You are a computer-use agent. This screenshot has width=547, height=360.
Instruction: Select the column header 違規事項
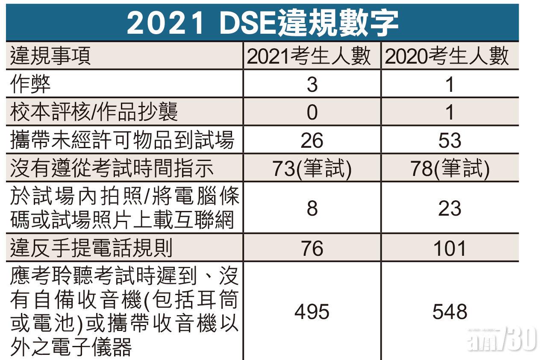[x=51, y=56]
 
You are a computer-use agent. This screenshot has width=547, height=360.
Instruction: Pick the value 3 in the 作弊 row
[x=312, y=84]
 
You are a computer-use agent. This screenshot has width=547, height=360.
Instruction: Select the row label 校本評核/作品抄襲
[x=94, y=112]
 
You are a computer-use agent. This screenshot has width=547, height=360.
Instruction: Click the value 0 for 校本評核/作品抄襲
[x=312, y=112]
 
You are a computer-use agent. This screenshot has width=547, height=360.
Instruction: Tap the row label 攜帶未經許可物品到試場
[x=122, y=140]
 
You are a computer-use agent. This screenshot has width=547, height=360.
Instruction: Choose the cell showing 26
[x=312, y=140]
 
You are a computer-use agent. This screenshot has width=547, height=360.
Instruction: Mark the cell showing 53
[x=450, y=140]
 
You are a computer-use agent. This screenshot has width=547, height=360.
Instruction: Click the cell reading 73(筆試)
[x=312, y=169]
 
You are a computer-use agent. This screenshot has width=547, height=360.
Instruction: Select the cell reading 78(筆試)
[x=450, y=169]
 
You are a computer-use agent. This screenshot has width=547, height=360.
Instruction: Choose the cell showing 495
[x=312, y=312]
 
